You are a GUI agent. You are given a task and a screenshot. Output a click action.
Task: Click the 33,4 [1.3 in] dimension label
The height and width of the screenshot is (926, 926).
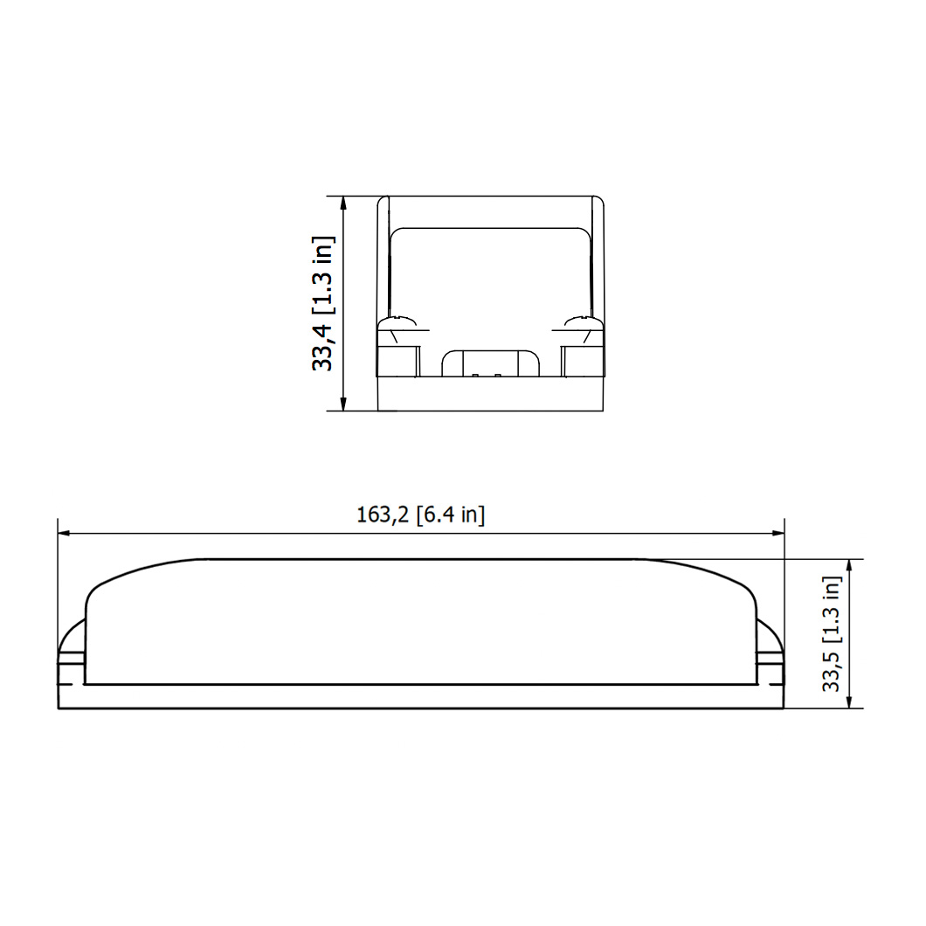(323, 303)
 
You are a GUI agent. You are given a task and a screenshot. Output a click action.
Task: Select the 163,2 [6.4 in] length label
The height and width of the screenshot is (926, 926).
(420, 515)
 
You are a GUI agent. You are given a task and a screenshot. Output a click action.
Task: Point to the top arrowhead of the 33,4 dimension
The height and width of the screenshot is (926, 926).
(343, 203)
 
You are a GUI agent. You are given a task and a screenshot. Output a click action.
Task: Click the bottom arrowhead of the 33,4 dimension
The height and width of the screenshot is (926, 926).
(343, 404)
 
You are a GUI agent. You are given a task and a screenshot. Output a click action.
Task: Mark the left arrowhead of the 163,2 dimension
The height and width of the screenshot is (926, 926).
(65, 533)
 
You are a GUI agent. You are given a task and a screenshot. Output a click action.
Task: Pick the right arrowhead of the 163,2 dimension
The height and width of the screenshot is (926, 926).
(777, 533)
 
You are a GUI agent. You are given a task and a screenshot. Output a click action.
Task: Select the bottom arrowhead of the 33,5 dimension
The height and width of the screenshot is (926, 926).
(849, 701)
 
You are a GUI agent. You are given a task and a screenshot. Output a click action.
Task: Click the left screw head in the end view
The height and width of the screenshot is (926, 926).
(397, 322)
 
